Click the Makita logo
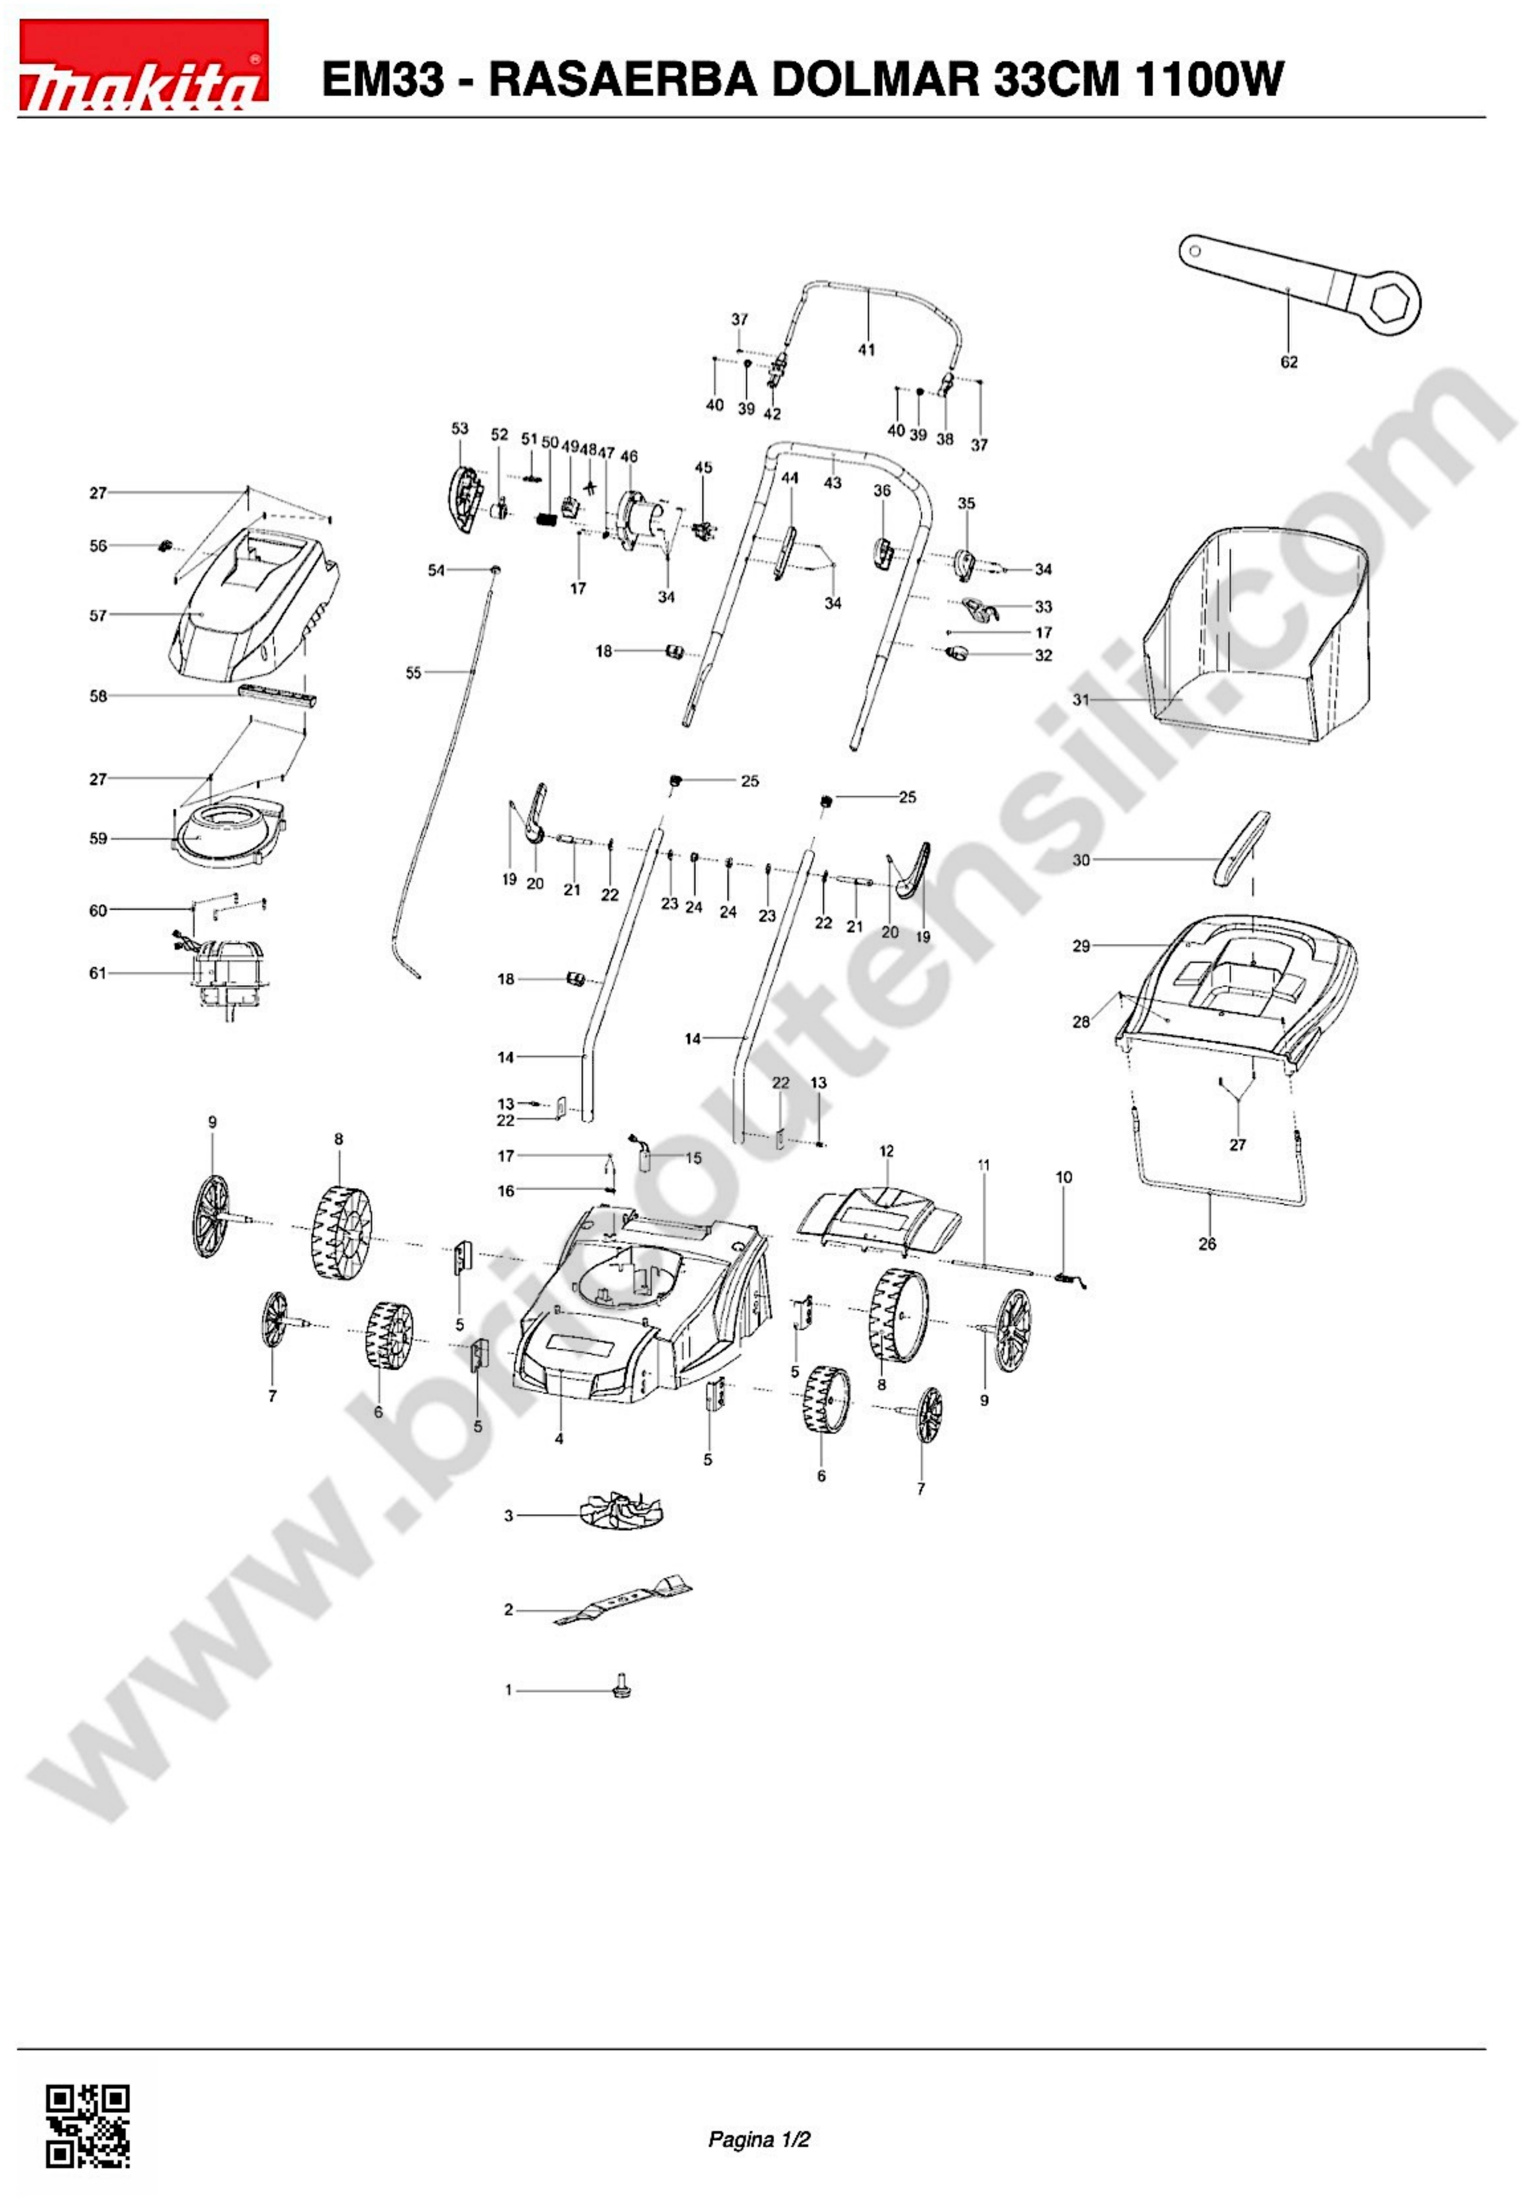coord(143,65)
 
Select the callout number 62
coord(1288,363)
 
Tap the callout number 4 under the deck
coord(559,1439)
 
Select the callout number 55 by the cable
coord(413,674)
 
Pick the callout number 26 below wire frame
coord(1207,1244)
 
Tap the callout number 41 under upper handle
coord(866,350)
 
